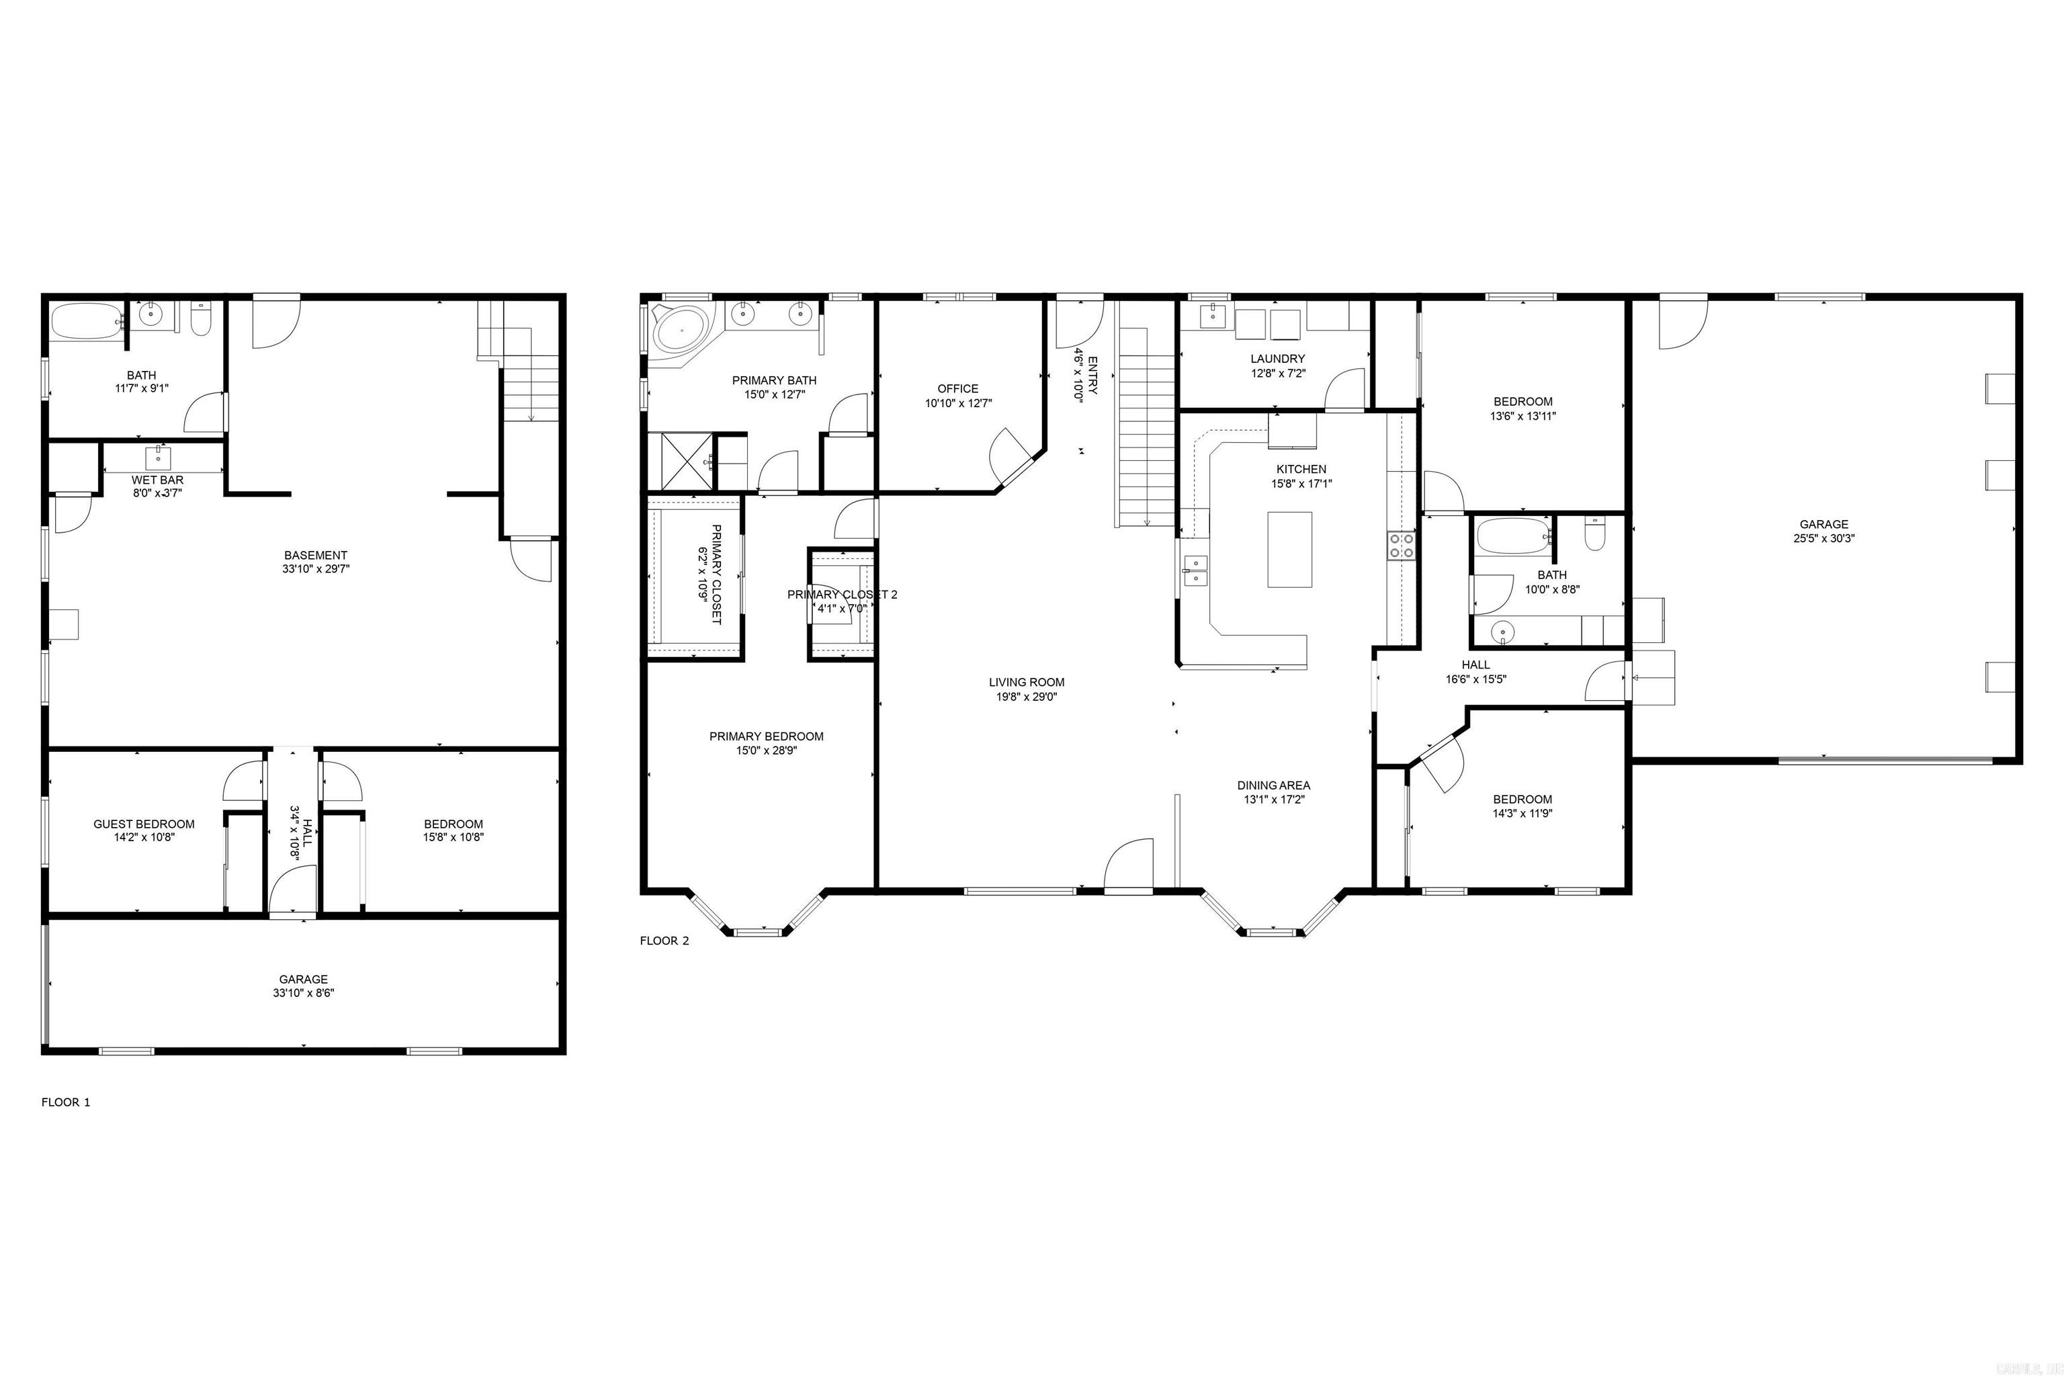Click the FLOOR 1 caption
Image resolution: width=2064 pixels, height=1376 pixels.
pos(66,1102)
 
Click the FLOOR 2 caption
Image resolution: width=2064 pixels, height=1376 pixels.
pos(664,941)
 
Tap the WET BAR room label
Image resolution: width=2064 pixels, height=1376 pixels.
pos(157,480)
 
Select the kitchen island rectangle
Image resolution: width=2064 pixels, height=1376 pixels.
pos(1289,550)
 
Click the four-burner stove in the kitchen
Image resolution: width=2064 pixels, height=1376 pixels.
pos(1401,546)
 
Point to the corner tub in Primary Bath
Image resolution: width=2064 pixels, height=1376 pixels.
pos(682,332)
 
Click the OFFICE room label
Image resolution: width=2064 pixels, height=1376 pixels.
pos(957,389)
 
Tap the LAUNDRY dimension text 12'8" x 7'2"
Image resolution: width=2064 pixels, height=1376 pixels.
pos(1278,373)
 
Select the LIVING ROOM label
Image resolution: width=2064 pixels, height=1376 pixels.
pos(1026,682)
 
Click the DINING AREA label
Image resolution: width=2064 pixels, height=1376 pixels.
pos(1273,785)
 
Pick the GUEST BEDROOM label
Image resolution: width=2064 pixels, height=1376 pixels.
pos(144,824)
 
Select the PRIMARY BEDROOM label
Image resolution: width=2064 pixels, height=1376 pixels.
pos(766,736)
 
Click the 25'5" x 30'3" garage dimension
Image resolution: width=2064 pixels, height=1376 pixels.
pos(1823,539)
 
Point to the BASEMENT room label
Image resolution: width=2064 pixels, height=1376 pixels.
pos(315,556)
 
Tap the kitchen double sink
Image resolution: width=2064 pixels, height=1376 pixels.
pos(1195,570)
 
